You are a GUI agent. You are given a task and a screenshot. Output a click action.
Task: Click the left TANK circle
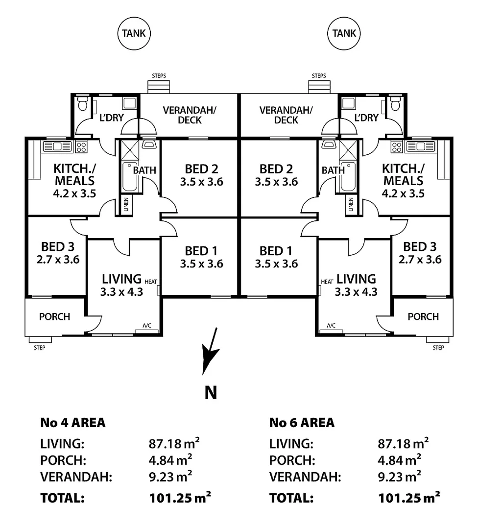(x=134, y=33)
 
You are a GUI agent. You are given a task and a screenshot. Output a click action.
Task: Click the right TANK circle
(x=344, y=33)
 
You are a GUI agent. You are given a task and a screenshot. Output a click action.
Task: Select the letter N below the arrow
(x=211, y=392)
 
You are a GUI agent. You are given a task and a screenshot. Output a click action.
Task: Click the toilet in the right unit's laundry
(x=395, y=103)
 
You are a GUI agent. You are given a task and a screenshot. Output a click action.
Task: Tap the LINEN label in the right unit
(x=351, y=205)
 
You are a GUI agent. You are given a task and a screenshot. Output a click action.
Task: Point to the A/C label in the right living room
(x=331, y=325)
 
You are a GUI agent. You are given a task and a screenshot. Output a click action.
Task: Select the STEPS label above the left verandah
(x=159, y=76)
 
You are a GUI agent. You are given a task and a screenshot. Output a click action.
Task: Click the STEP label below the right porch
(x=438, y=348)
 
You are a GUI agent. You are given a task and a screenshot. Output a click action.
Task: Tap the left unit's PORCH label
(x=54, y=316)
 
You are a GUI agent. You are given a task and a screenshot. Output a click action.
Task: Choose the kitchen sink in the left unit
(x=57, y=146)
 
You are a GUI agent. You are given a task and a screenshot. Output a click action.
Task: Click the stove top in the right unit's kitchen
(x=397, y=146)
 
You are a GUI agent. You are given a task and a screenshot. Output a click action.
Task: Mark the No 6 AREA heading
(x=302, y=422)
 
